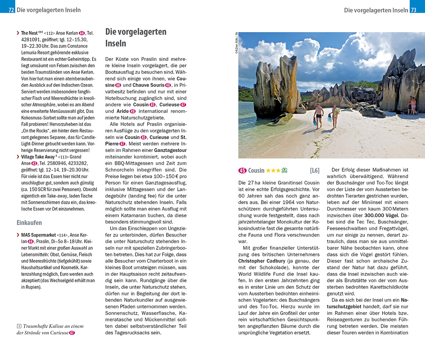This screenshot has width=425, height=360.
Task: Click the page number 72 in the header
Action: (x=11, y=10)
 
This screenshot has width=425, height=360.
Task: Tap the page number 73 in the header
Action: (x=413, y=10)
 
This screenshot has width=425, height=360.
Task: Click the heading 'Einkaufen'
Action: (x=29, y=222)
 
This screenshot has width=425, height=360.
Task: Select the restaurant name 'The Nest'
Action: (x=29, y=33)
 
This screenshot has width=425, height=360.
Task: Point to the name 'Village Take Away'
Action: (x=37, y=157)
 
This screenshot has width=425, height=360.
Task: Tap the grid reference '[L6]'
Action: (x=314, y=170)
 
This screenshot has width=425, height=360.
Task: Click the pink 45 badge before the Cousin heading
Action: (x=242, y=170)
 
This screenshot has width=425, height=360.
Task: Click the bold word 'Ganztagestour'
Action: (x=170, y=150)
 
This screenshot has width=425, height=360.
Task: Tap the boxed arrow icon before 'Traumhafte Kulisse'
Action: (x=19, y=326)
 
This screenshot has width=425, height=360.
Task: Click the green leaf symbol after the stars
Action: (x=284, y=170)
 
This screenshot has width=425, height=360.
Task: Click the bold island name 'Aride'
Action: (x=122, y=111)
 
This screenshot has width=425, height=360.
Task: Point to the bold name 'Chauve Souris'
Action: (x=148, y=85)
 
